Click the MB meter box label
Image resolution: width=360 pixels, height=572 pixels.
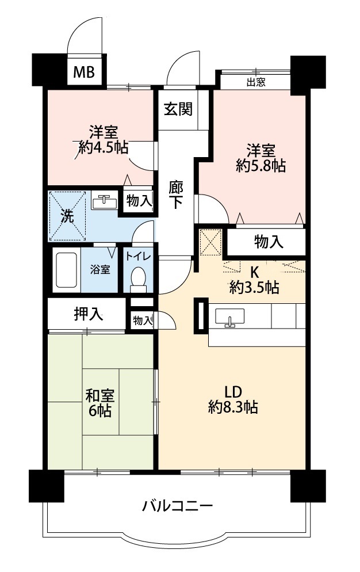(84, 72)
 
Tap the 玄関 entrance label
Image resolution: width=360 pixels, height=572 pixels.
(178, 109)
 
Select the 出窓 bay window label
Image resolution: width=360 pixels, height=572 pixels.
(256, 82)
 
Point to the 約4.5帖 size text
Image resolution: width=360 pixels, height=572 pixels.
(103, 147)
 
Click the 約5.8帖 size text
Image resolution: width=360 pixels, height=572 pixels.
(261, 166)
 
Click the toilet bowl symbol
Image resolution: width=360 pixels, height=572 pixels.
(138, 280)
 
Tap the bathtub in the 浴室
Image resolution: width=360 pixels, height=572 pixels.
(66, 270)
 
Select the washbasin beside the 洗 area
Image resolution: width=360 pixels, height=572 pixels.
(104, 201)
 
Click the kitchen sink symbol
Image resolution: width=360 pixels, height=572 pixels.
(230, 316)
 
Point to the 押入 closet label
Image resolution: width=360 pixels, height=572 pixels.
(89, 314)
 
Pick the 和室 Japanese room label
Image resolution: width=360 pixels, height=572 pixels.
(100, 395)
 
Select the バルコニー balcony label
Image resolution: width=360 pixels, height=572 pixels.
(178, 506)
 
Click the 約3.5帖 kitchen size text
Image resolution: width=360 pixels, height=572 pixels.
(254, 288)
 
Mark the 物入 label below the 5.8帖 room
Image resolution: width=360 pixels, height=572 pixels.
(269, 242)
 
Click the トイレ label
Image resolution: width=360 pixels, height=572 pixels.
(138, 256)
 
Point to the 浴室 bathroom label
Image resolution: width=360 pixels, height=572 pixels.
(100, 270)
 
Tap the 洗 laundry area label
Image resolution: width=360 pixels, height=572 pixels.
(67, 216)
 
